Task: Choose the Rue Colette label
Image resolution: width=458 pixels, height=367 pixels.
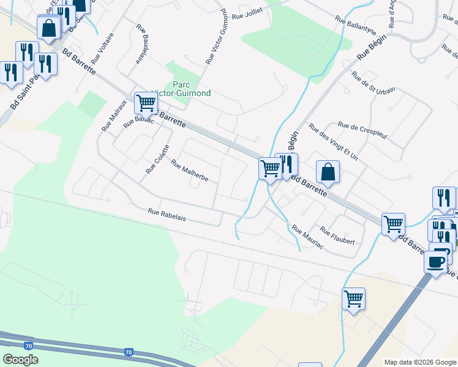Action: (x=157, y=158)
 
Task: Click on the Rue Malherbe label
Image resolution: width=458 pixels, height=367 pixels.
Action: (x=190, y=171)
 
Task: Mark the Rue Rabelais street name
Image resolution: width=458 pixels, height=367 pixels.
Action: (x=167, y=215)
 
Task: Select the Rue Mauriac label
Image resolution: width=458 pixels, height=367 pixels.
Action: (x=307, y=237)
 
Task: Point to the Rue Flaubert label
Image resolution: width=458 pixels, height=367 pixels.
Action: (x=337, y=237)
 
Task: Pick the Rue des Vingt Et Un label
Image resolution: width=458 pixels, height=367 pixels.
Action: (x=333, y=143)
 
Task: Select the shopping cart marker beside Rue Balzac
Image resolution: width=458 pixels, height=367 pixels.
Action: (x=146, y=103)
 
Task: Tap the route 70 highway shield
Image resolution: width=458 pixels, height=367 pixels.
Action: (x=128, y=352)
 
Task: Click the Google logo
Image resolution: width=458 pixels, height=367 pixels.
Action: (x=20, y=360)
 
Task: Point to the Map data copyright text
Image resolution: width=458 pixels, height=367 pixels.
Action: (x=420, y=362)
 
